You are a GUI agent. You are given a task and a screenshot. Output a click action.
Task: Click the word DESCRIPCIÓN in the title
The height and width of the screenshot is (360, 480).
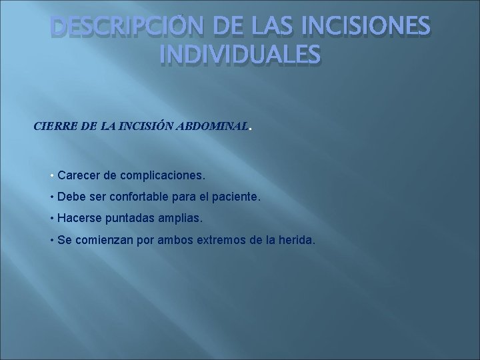[x=121, y=29]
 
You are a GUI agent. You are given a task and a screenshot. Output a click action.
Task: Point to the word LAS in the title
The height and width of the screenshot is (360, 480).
[x=277, y=29]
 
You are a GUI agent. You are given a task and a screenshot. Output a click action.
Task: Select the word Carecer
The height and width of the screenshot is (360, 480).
[x=79, y=175]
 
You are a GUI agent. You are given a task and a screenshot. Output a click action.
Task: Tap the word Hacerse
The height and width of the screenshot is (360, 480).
[x=79, y=218]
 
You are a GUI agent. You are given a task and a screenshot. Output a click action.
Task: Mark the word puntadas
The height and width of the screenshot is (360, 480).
[x=130, y=218]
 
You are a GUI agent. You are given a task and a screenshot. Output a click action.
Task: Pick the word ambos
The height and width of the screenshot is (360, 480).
[x=172, y=239]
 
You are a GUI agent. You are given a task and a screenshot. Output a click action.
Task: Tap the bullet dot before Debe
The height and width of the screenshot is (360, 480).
[x=52, y=197]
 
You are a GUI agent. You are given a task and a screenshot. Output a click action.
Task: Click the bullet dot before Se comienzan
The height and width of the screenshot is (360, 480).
[x=52, y=239]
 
